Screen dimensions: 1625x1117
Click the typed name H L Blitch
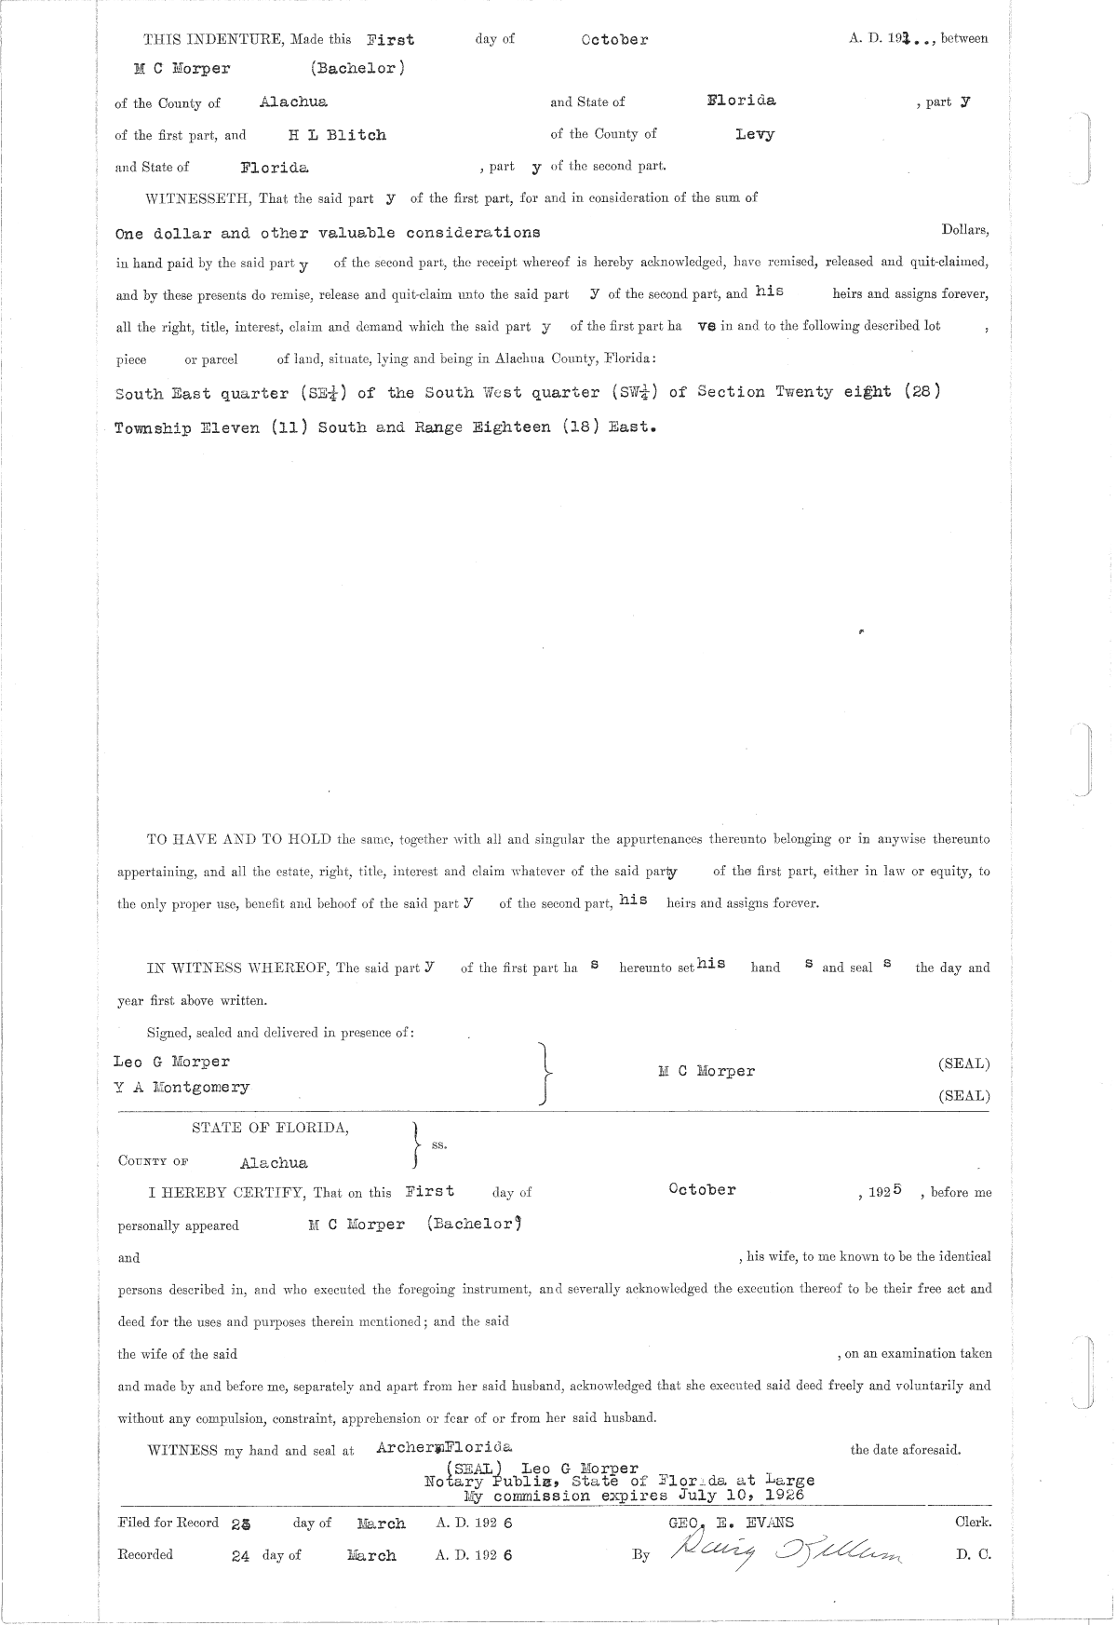point(336,135)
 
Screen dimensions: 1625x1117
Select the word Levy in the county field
point(754,134)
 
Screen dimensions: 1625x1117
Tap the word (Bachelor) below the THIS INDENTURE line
point(357,69)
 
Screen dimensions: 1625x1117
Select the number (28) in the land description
point(921,392)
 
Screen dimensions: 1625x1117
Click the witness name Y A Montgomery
point(182,1087)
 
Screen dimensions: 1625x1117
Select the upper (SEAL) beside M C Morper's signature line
point(963,1063)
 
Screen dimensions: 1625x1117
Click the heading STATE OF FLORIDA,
point(271,1128)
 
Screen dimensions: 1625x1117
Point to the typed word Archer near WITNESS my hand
point(405,1447)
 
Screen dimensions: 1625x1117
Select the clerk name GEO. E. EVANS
point(725,1522)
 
